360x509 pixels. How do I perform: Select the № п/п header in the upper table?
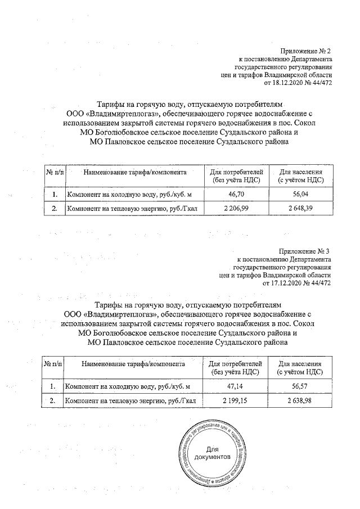click(x=55, y=172)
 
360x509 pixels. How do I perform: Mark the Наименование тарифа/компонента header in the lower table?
click(x=133, y=364)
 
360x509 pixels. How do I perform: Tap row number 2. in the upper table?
click(x=55, y=209)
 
